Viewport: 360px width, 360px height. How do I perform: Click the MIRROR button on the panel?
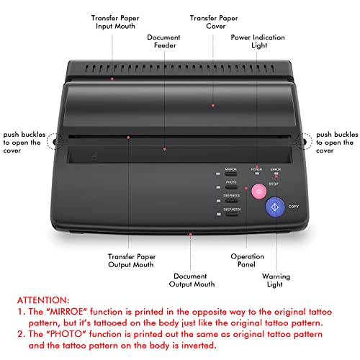point(230,174)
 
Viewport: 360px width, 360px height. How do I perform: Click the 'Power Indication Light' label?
point(258,42)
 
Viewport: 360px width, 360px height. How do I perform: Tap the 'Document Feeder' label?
point(165,42)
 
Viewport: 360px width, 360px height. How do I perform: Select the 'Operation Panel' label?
point(247,261)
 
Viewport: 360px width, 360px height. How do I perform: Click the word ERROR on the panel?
point(276,169)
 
